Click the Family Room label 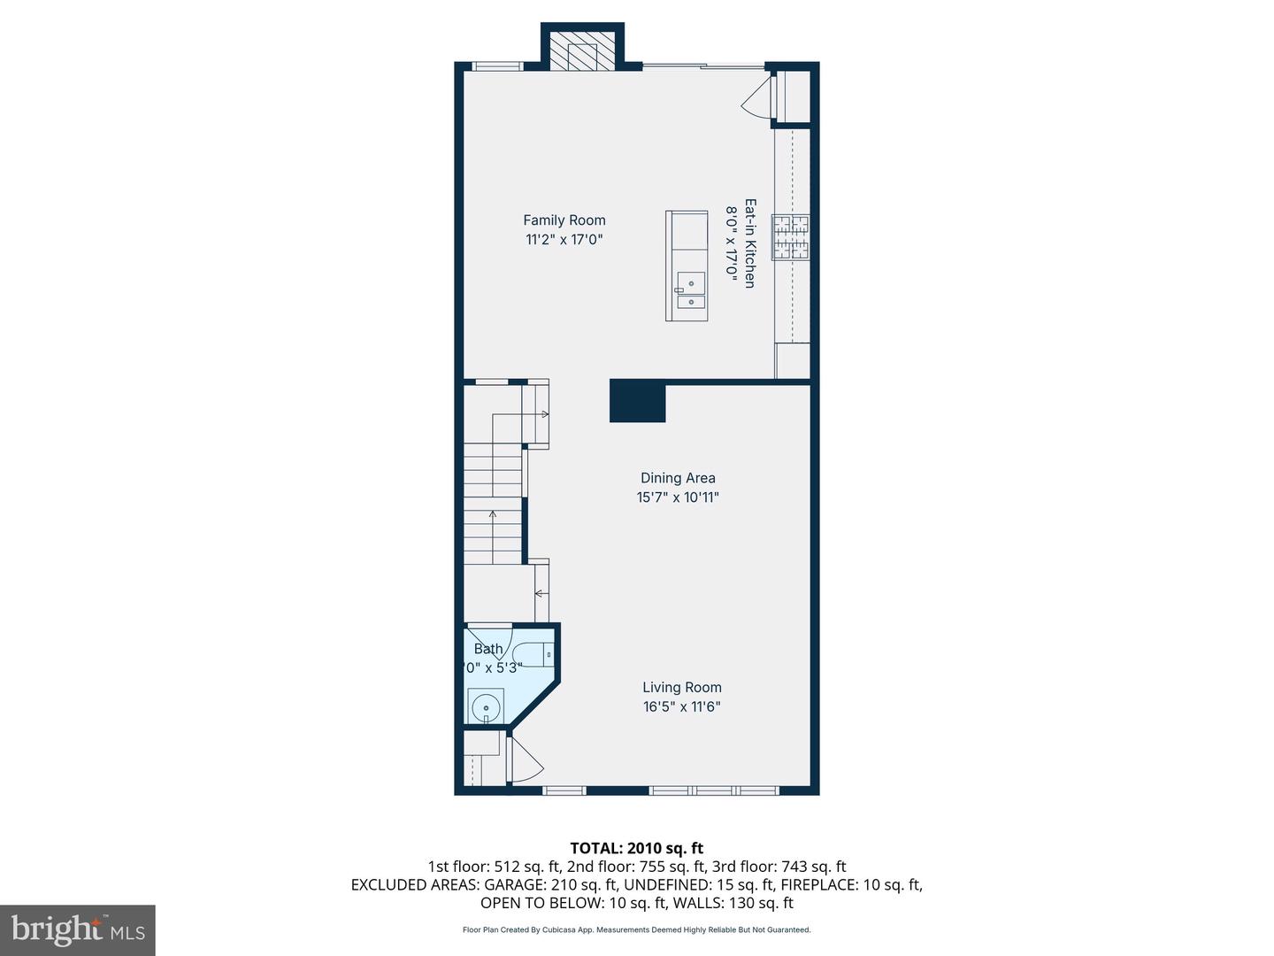tap(564, 220)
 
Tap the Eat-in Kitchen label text tap(749, 243)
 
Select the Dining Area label tap(678, 478)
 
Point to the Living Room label tap(681, 687)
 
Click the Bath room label tap(487, 649)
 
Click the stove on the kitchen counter tap(791, 237)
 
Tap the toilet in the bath tap(534, 654)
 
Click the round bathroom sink tap(485, 708)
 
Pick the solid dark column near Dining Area tap(637, 401)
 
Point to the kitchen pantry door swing tap(757, 97)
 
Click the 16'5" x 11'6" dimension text tap(681, 706)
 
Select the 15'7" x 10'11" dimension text tap(678, 497)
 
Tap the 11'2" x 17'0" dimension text tap(564, 239)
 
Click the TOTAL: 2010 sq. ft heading tap(636, 848)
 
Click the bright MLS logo tap(77, 929)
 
